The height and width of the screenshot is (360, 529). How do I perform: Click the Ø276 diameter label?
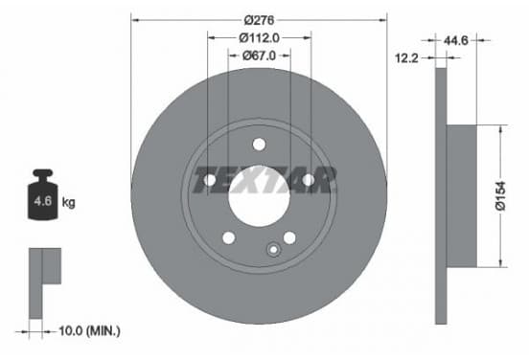(x=259, y=20)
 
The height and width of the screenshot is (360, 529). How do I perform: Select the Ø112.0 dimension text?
(x=259, y=37)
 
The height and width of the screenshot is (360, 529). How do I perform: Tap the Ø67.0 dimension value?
(x=259, y=56)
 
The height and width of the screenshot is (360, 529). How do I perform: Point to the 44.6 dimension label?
(x=455, y=40)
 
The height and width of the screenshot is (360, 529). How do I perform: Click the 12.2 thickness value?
(x=406, y=58)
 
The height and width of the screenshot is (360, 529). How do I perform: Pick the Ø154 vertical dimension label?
(x=501, y=196)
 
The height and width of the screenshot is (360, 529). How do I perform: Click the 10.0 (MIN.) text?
(x=89, y=330)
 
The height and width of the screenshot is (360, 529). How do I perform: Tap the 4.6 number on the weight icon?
(x=42, y=201)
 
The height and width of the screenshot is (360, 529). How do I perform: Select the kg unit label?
(x=68, y=203)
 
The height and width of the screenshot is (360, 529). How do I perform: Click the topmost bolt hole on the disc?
(x=259, y=145)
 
